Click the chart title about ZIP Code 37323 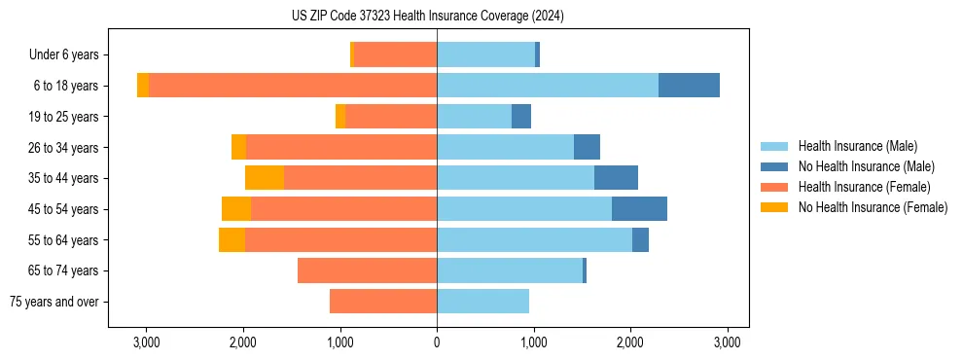tap(427, 16)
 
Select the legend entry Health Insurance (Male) tap(857, 146)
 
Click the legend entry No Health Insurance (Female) tap(873, 207)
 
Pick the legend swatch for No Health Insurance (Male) tap(775, 166)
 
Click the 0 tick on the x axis tap(437, 342)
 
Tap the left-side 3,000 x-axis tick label tap(146, 342)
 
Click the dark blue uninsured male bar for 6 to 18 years tap(689, 86)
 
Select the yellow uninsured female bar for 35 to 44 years tap(265, 178)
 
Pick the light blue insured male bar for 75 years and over tap(482, 302)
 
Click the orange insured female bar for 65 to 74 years tap(367, 270)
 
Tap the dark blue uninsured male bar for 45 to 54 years tap(639, 209)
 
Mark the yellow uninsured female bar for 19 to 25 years tap(340, 117)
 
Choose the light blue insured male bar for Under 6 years tap(485, 54)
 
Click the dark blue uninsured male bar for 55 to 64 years tap(640, 239)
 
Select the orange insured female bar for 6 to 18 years tap(293, 86)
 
